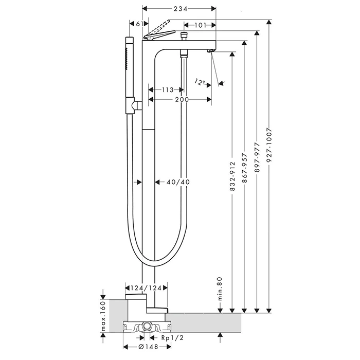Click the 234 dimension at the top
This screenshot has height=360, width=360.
click(178, 9)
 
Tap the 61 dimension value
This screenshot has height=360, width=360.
click(135, 24)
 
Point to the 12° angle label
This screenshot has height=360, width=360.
click(200, 81)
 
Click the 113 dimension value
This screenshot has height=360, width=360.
click(167, 90)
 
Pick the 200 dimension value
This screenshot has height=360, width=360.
click(181, 99)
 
